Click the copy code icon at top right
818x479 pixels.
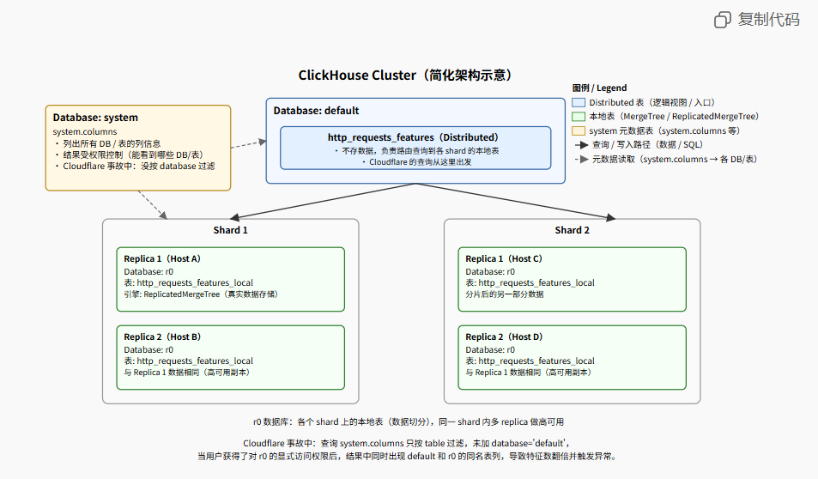723,19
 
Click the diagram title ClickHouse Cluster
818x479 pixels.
405,76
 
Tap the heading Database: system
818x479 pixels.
95,118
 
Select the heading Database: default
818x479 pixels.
316,111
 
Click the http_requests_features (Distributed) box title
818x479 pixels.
413,137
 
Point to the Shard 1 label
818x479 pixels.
231,230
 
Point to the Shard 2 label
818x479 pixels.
573,230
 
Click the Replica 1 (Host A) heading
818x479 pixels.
162,258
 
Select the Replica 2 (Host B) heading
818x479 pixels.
162,337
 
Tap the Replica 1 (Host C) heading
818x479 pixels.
504,258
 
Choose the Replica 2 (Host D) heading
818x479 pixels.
504,337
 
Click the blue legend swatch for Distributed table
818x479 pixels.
579,102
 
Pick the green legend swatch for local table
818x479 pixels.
579,116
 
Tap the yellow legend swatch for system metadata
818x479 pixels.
579,130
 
